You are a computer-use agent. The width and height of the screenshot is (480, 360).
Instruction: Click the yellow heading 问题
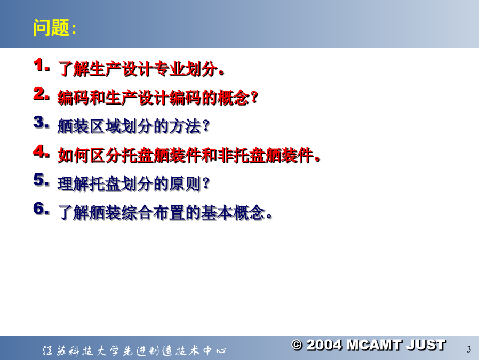click(x=51, y=28)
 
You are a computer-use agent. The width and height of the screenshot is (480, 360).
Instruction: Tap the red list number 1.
click(x=41, y=66)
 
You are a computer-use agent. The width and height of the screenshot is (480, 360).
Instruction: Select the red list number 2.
click(x=41, y=94)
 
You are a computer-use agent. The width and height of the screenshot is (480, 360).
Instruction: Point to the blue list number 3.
click(x=41, y=123)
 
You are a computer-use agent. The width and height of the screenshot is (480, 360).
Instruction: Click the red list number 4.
click(x=41, y=151)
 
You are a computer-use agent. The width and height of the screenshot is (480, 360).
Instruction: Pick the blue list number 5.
click(x=41, y=180)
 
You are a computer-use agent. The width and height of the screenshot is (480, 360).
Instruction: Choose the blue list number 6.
click(x=41, y=209)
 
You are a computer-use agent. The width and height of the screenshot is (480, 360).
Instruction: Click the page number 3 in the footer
click(x=469, y=349)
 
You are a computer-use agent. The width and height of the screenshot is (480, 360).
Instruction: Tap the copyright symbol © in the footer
click(x=297, y=345)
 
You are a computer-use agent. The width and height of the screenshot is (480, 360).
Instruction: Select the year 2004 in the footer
click(x=324, y=345)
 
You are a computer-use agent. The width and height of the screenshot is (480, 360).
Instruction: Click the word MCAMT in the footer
click(x=374, y=345)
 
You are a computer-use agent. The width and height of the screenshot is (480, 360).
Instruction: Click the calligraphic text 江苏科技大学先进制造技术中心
click(x=134, y=350)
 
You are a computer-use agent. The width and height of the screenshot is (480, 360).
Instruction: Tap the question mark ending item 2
click(x=254, y=98)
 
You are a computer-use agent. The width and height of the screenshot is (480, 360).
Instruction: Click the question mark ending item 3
click(x=206, y=126)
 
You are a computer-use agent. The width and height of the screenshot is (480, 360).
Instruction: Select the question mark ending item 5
click(x=206, y=183)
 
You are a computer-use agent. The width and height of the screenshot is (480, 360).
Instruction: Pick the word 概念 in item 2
click(x=234, y=98)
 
